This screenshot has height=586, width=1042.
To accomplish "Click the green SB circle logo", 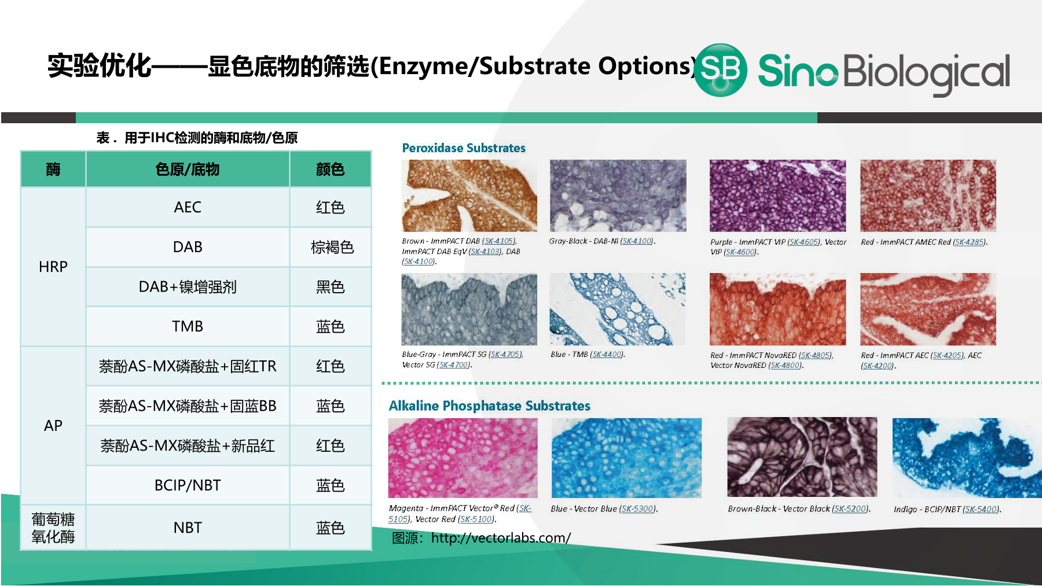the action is [x=720, y=70].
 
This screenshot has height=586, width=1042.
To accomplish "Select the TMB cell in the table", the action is [x=188, y=326].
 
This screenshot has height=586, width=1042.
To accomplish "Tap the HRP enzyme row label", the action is [x=53, y=267].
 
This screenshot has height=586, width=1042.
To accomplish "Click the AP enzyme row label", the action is [x=53, y=426].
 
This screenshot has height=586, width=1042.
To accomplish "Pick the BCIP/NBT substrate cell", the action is [x=188, y=485].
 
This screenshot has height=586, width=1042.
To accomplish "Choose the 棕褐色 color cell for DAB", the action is [x=331, y=247].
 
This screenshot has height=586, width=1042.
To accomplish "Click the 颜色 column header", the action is [x=331, y=169].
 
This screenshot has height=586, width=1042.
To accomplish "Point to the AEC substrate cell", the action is [x=188, y=207].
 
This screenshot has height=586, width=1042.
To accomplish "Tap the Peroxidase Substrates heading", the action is [x=464, y=148].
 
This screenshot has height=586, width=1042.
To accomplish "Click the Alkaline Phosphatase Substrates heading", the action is [x=490, y=406].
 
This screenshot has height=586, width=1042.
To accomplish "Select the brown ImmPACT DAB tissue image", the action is [x=469, y=196].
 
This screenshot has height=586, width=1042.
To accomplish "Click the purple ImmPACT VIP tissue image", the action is [x=778, y=196].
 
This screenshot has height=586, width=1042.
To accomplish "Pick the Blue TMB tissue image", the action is [x=618, y=309].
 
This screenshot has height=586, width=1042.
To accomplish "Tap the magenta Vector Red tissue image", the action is [x=463, y=458].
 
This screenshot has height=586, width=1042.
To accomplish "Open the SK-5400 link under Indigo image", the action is [x=981, y=509].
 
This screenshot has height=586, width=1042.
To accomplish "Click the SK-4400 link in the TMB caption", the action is [x=607, y=354].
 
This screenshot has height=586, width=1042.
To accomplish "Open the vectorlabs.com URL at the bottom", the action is [x=501, y=538].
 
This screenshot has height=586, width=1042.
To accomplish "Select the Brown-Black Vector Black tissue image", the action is [x=802, y=458].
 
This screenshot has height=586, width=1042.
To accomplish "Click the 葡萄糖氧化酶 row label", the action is [x=53, y=528].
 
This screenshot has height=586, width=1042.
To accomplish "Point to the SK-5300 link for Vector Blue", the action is [x=638, y=509].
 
